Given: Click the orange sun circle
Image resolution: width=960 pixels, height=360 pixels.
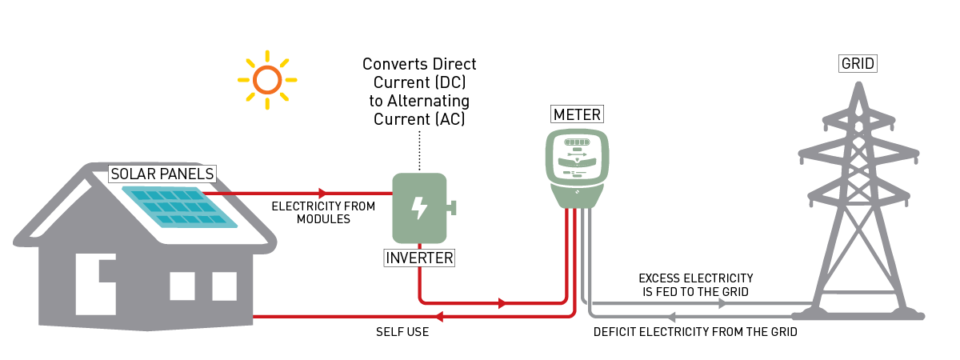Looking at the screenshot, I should (x=267, y=79).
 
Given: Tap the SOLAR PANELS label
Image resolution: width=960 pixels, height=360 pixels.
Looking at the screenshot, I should (x=162, y=174).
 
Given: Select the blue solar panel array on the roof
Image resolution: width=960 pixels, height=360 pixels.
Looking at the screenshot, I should (x=180, y=206).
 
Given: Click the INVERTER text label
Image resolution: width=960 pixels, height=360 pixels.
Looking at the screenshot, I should (x=419, y=258).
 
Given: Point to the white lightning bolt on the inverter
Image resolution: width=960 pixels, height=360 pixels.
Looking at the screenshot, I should (x=418, y=208).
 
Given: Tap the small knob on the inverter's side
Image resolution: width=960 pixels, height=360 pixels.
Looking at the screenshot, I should (x=452, y=208).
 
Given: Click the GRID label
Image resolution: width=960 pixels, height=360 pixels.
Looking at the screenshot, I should (x=858, y=63).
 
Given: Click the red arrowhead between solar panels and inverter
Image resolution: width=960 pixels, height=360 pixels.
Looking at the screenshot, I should (x=323, y=193).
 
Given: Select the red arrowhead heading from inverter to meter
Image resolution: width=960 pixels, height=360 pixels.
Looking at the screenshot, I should (x=502, y=303).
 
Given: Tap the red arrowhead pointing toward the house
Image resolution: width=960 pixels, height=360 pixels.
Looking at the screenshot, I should (x=438, y=317).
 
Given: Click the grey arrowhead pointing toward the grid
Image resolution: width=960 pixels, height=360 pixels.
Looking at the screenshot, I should (x=723, y=303).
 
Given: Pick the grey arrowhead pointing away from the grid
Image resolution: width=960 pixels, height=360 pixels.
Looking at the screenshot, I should (x=671, y=317).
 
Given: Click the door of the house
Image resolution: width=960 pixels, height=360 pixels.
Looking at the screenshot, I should (x=95, y=284).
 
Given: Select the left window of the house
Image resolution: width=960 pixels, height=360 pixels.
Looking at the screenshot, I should (x=182, y=286).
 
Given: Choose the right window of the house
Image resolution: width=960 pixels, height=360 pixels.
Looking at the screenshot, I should (x=224, y=286).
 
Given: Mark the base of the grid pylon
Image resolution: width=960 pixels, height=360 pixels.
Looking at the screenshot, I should (x=858, y=314).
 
